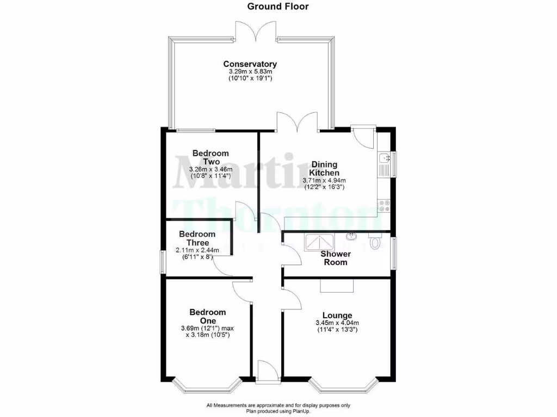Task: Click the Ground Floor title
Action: (278, 7)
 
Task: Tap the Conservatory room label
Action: (250, 64)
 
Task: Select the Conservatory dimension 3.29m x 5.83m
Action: (250, 71)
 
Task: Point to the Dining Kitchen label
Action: (324, 168)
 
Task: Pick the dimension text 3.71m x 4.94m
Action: (324, 180)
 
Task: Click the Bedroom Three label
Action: (197, 238)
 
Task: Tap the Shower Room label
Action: (336, 258)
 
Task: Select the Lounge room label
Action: (337, 315)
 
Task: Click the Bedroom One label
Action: (207, 316)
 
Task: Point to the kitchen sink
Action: (385, 159)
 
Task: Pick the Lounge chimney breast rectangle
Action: (336, 286)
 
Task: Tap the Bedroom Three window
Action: (162, 262)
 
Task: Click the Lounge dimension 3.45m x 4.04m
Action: (337, 323)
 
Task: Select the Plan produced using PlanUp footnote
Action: (278, 412)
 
